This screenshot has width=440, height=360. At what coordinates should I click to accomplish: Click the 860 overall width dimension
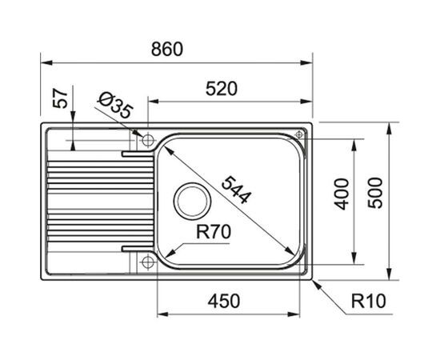(x=167, y=49)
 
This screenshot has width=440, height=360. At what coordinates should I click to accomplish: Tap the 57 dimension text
(x=60, y=98)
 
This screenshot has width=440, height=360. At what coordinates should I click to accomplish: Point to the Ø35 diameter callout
(x=114, y=106)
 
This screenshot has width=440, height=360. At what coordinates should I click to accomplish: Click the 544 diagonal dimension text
(x=235, y=190)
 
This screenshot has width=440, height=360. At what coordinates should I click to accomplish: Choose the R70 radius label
(x=214, y=232)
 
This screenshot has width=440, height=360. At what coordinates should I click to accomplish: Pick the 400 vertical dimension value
(x=342, y=194)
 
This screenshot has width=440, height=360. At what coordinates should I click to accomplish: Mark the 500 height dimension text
(x=375, y=193)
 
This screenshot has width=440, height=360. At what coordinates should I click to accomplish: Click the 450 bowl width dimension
(x=224, y=301)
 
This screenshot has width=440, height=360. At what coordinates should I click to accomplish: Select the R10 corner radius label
(x=369, y=301)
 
